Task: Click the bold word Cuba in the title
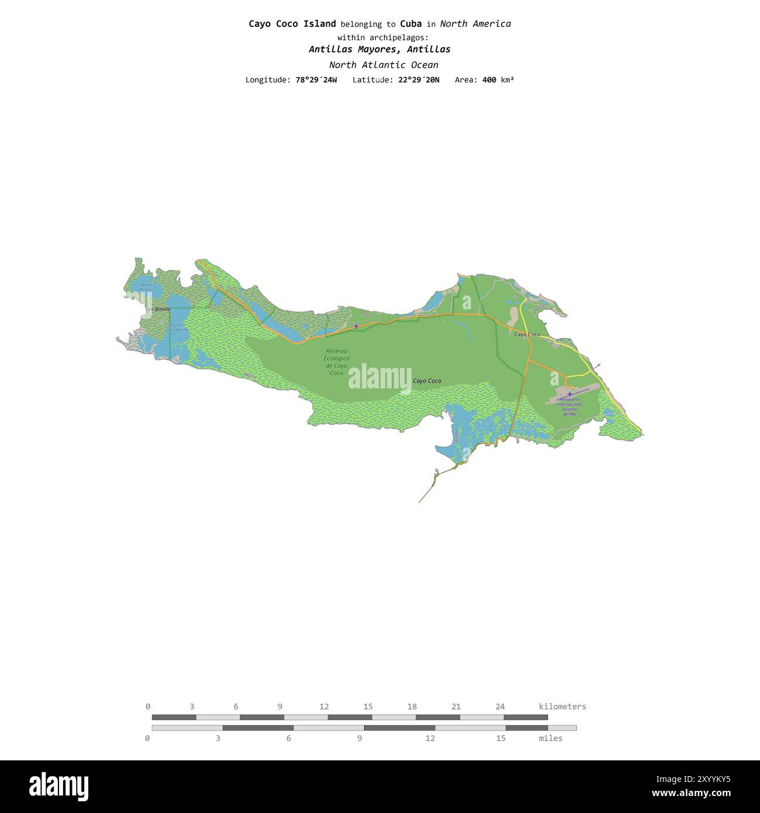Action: [410, 24]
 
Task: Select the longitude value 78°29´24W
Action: [316, 80]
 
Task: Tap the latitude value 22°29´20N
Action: [419, 80]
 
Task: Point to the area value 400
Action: [489, 80]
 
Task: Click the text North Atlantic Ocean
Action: [383, 65]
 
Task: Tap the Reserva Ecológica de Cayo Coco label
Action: [337, 362]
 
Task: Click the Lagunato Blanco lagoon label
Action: [146, 287]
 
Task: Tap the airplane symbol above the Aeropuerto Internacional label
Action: [569, 393]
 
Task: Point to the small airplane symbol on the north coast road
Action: [356, 325]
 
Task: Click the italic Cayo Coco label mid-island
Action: [427, 381]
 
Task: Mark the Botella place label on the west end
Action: [159, 309]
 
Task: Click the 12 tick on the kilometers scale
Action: [324, 707]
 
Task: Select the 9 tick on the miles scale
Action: [360, 738]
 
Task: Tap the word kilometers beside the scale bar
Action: [562, 707]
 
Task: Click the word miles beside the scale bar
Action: [550, 738]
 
